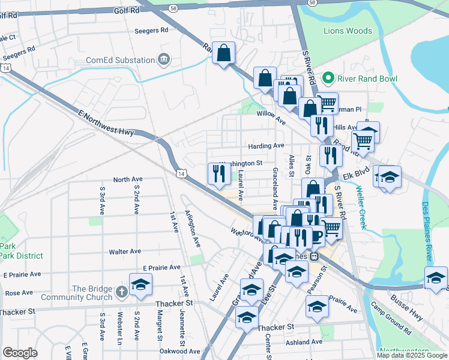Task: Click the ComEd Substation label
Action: [120, 60]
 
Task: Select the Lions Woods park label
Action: [348, 31]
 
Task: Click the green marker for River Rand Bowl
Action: [328, 78]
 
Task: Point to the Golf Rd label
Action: [127, 10]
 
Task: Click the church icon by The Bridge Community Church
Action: [121, 292]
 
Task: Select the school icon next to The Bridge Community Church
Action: [140, 284]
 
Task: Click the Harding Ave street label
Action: [266, 146]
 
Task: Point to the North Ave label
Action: [128, 179]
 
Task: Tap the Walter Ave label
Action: [124, 251]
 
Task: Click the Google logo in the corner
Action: [20, 352]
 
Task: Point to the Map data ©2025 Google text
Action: [411, 355]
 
